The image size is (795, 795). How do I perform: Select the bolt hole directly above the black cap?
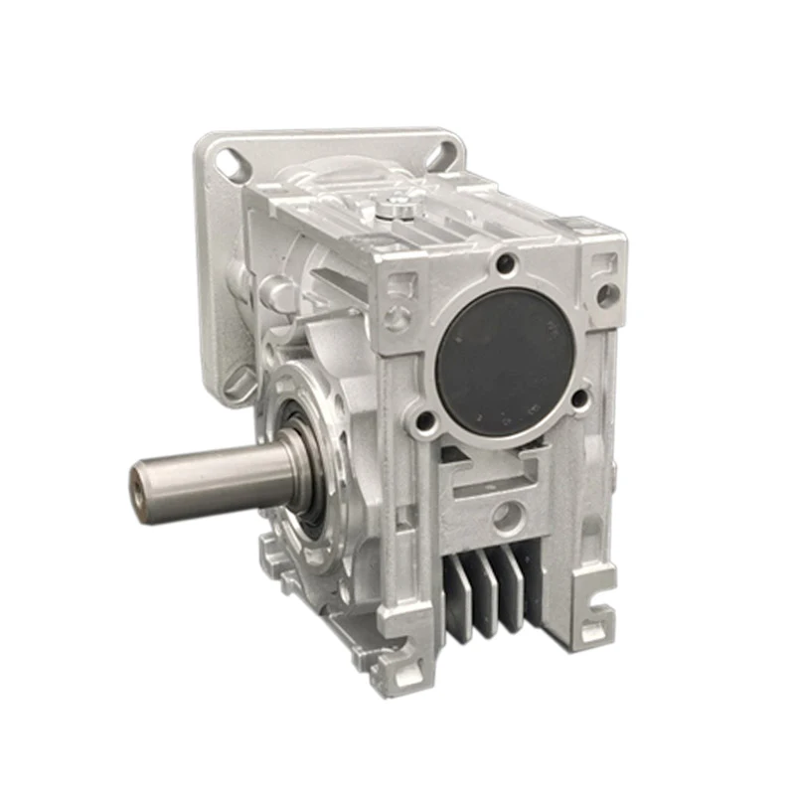click(507, 264)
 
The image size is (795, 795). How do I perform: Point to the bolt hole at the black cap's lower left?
click(426, 422)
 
